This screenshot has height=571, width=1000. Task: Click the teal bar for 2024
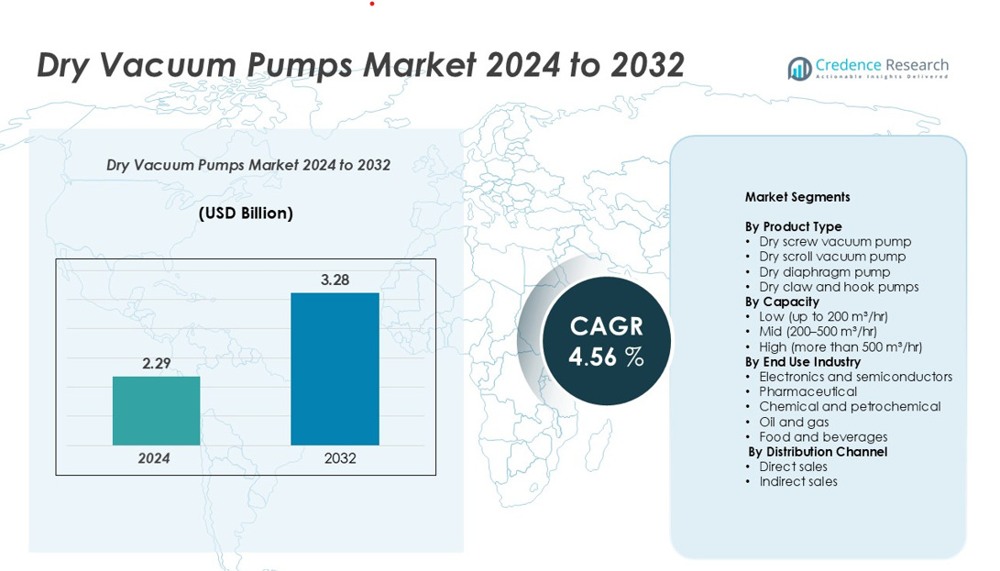[156, 411]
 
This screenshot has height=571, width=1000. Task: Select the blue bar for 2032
[335, 368]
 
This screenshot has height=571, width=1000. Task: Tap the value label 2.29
[157, 364]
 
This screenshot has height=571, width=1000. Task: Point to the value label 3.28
[335, 280]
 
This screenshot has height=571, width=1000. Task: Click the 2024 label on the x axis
[154, 458]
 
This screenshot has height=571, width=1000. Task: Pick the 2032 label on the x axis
[340, 458]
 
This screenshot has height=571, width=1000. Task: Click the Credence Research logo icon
[799, 68]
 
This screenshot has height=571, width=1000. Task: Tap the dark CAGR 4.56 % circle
[606, 341]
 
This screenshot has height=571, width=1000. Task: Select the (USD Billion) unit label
[246, 214]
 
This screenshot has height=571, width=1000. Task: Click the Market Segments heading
[797, 197]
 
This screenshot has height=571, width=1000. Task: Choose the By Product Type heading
[793, 226]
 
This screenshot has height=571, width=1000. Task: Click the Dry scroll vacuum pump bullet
[832, 257]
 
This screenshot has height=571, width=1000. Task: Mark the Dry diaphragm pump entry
[824, 271]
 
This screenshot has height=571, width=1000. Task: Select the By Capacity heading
[782, 302]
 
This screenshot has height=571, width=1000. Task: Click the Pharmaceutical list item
[808, 391]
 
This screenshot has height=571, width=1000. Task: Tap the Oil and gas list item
[794, 422]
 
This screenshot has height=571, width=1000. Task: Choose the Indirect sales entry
[798, 481]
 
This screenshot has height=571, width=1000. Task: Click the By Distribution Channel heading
[818, 452]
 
